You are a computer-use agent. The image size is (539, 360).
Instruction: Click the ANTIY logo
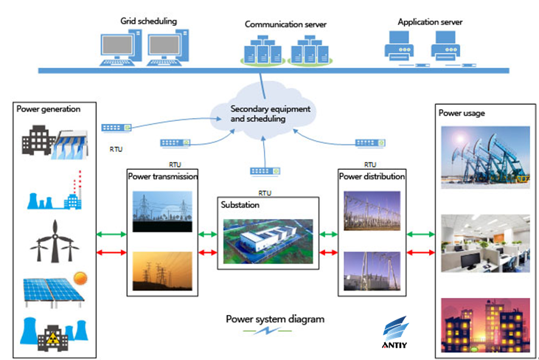tap(394, 332)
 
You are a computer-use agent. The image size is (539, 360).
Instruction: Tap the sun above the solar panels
tap(80, 278)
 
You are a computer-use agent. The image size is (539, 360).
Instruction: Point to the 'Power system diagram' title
tap(275, 319)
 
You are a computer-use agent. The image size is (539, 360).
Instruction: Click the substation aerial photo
tap(268, 241)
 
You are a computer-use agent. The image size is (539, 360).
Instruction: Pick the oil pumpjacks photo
tap(485, 157)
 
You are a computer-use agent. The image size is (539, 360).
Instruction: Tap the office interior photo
tap(485, 243)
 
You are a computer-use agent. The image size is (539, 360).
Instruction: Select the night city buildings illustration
tap(485, 325)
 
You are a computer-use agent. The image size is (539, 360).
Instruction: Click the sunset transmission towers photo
tap(162, 271)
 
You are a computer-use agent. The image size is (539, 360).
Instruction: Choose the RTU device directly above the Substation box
tap(265, 171)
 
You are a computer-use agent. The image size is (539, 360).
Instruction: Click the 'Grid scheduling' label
tap(148, 21)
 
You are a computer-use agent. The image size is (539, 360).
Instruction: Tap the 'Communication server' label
tap(285, 24)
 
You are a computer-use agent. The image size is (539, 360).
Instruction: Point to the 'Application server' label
tap(430, 22)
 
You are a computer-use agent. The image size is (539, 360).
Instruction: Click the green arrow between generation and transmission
tap(111, 235)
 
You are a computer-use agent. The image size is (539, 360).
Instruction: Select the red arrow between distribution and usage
tap(421, 253)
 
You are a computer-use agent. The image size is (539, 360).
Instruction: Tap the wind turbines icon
tap(55, 241)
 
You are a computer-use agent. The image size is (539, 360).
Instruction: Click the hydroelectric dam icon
tap(70, 145)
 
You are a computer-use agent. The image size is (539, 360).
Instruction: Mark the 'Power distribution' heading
tap(372, 176)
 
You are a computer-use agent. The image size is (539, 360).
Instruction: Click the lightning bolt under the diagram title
tap(267, 330)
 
